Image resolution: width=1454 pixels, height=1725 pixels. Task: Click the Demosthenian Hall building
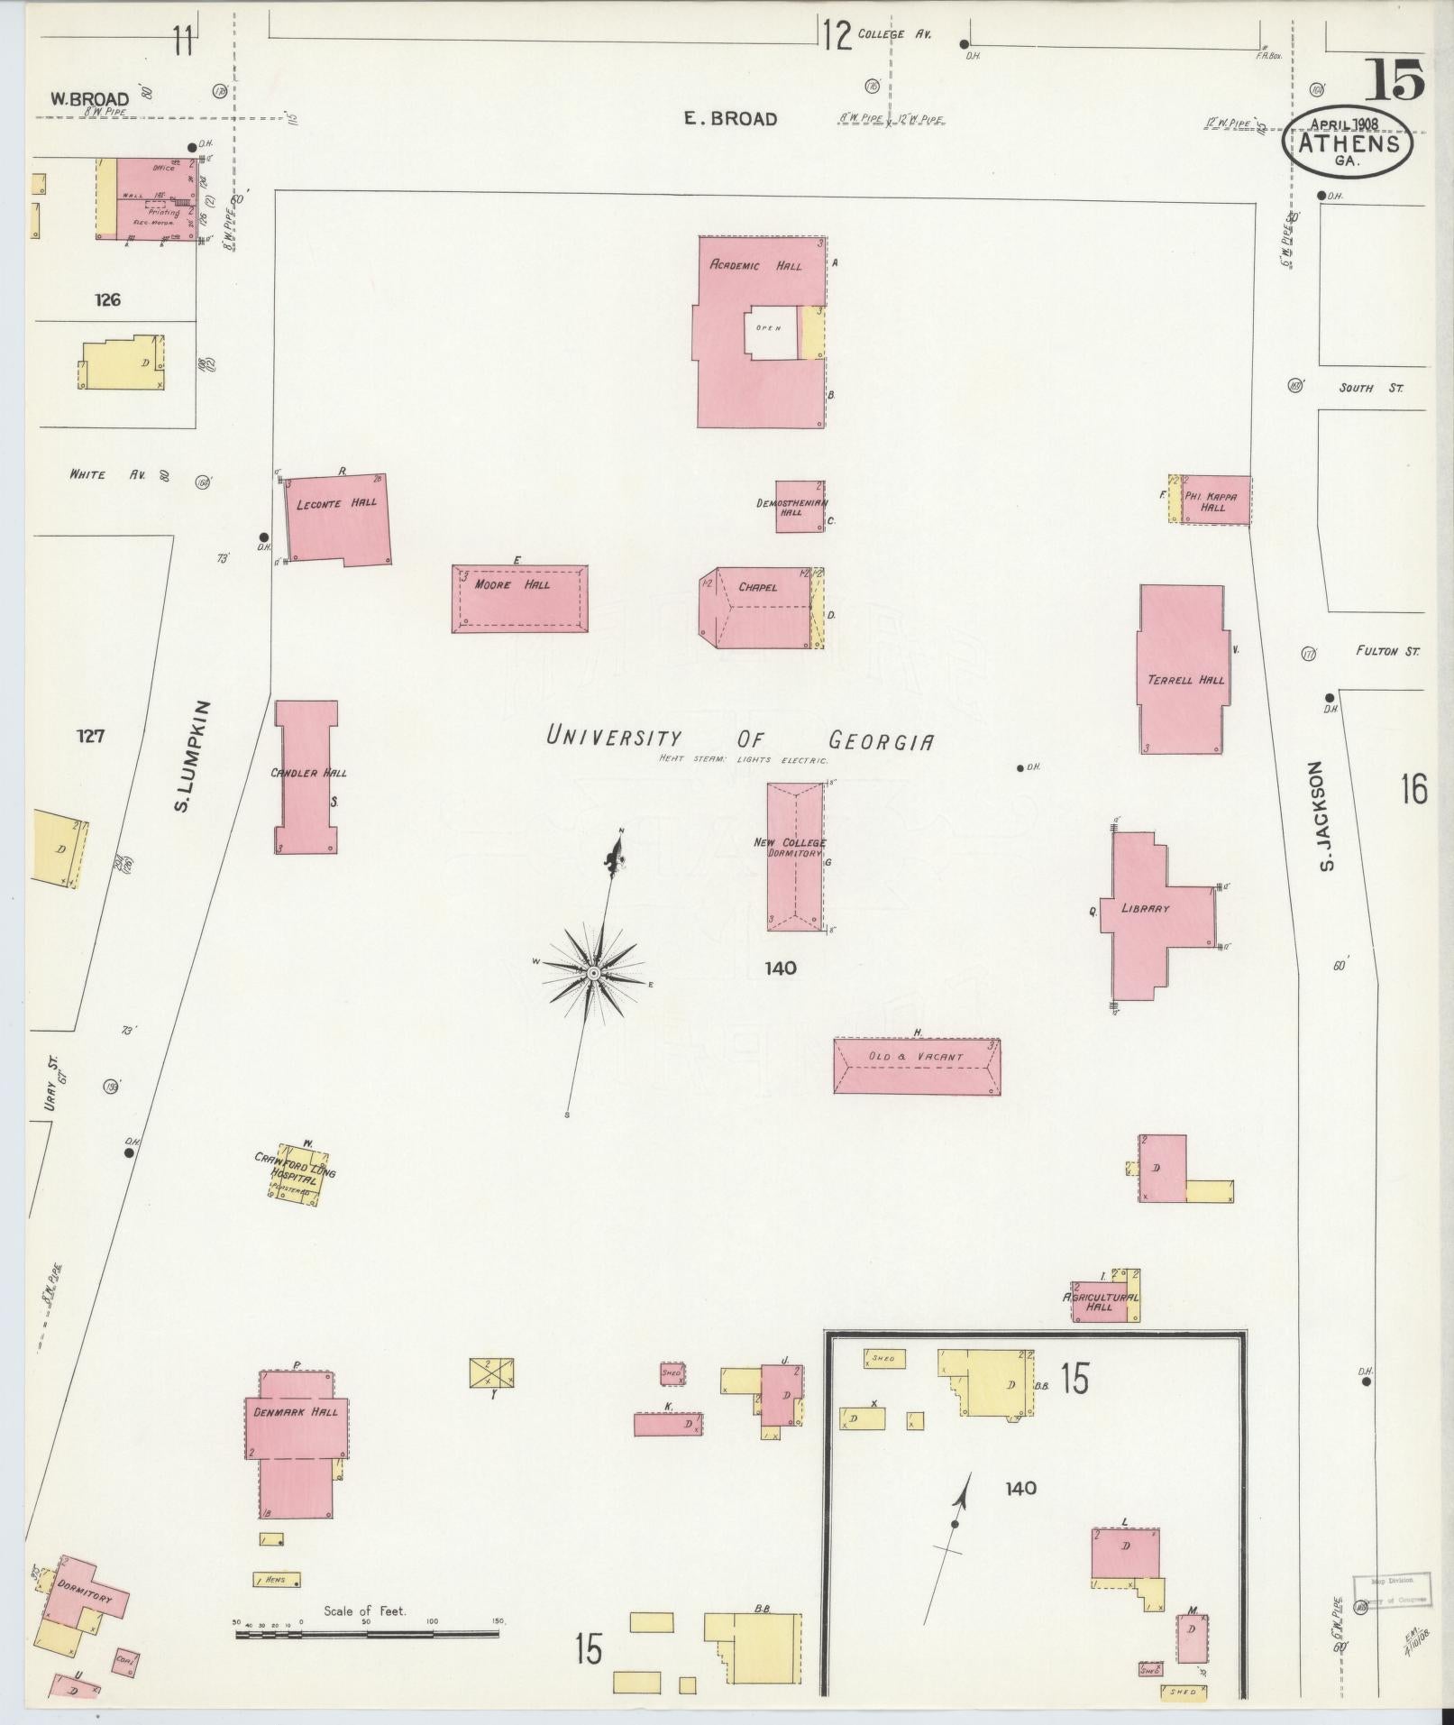coord(799,507)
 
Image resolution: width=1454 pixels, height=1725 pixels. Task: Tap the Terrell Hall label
coord(1185,680)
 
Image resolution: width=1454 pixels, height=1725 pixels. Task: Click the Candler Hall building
coord(306,775)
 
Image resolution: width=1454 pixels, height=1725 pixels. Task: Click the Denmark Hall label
coord(296,1411)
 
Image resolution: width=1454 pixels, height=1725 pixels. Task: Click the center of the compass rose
coord(593,974)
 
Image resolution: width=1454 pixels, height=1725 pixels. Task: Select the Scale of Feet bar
coord(367,1633)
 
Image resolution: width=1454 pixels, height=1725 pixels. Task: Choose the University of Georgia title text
coord(739,739)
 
